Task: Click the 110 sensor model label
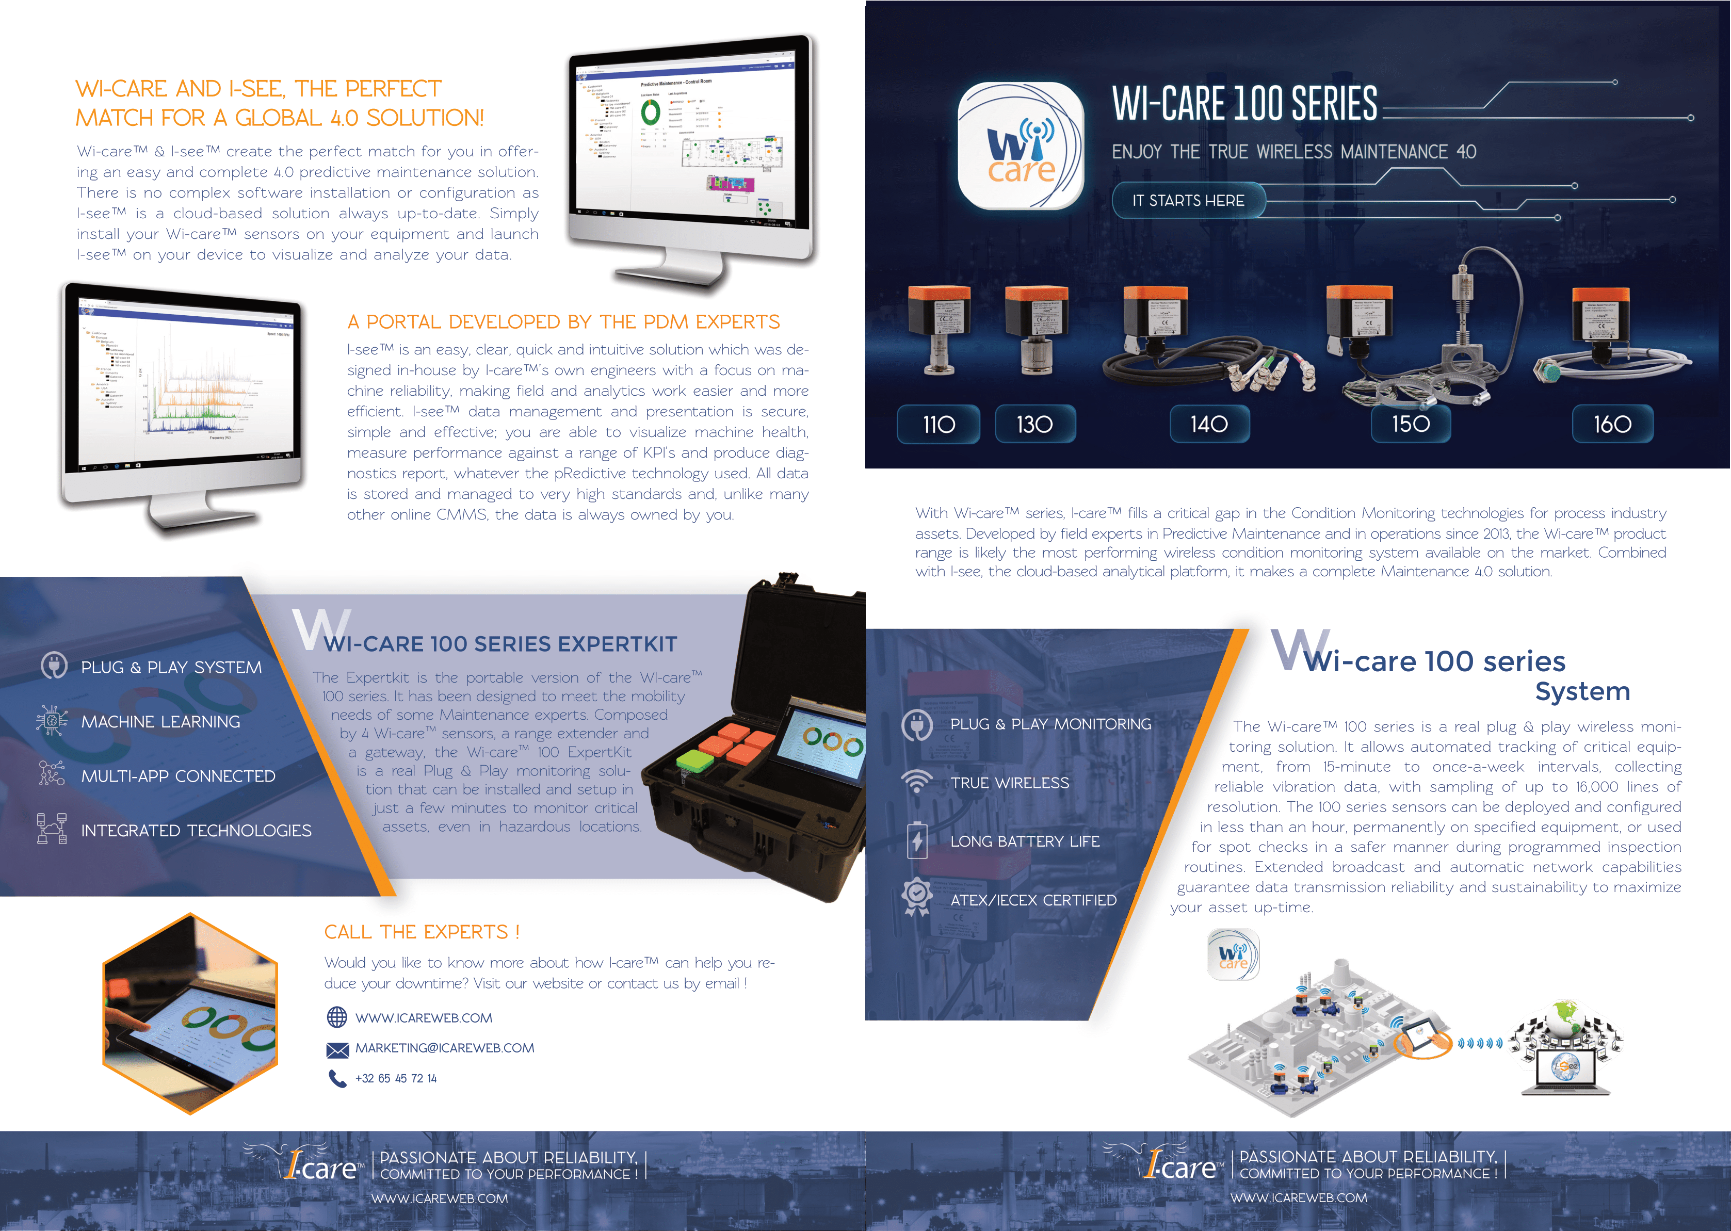[x=939, y=425]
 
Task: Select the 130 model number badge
[x=1034, y=425]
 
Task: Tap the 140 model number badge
[x=1209, y=425]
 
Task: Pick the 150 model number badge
[x=1411, y=425]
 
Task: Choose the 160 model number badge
[x=1612, y=425]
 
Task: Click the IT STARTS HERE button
[x=1188, y=201]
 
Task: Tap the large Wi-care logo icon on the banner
[x=1020, y=145]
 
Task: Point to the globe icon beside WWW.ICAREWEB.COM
[x=336, y=1017]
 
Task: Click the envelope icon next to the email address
[x=336, y=1049]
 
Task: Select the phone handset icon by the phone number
[x=336, y=1078]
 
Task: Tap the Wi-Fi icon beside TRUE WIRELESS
[x=917, y=782]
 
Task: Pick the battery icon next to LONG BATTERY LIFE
[x=917, y=840]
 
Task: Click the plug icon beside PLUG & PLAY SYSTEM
[x=54, y=665]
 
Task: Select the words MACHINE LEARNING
[x=160, y=722]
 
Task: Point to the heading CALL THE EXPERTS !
[x=422, y=932]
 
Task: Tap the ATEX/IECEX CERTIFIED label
[x=1033, y=900]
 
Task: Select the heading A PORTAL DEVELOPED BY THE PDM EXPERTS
[x=563, y=322]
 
